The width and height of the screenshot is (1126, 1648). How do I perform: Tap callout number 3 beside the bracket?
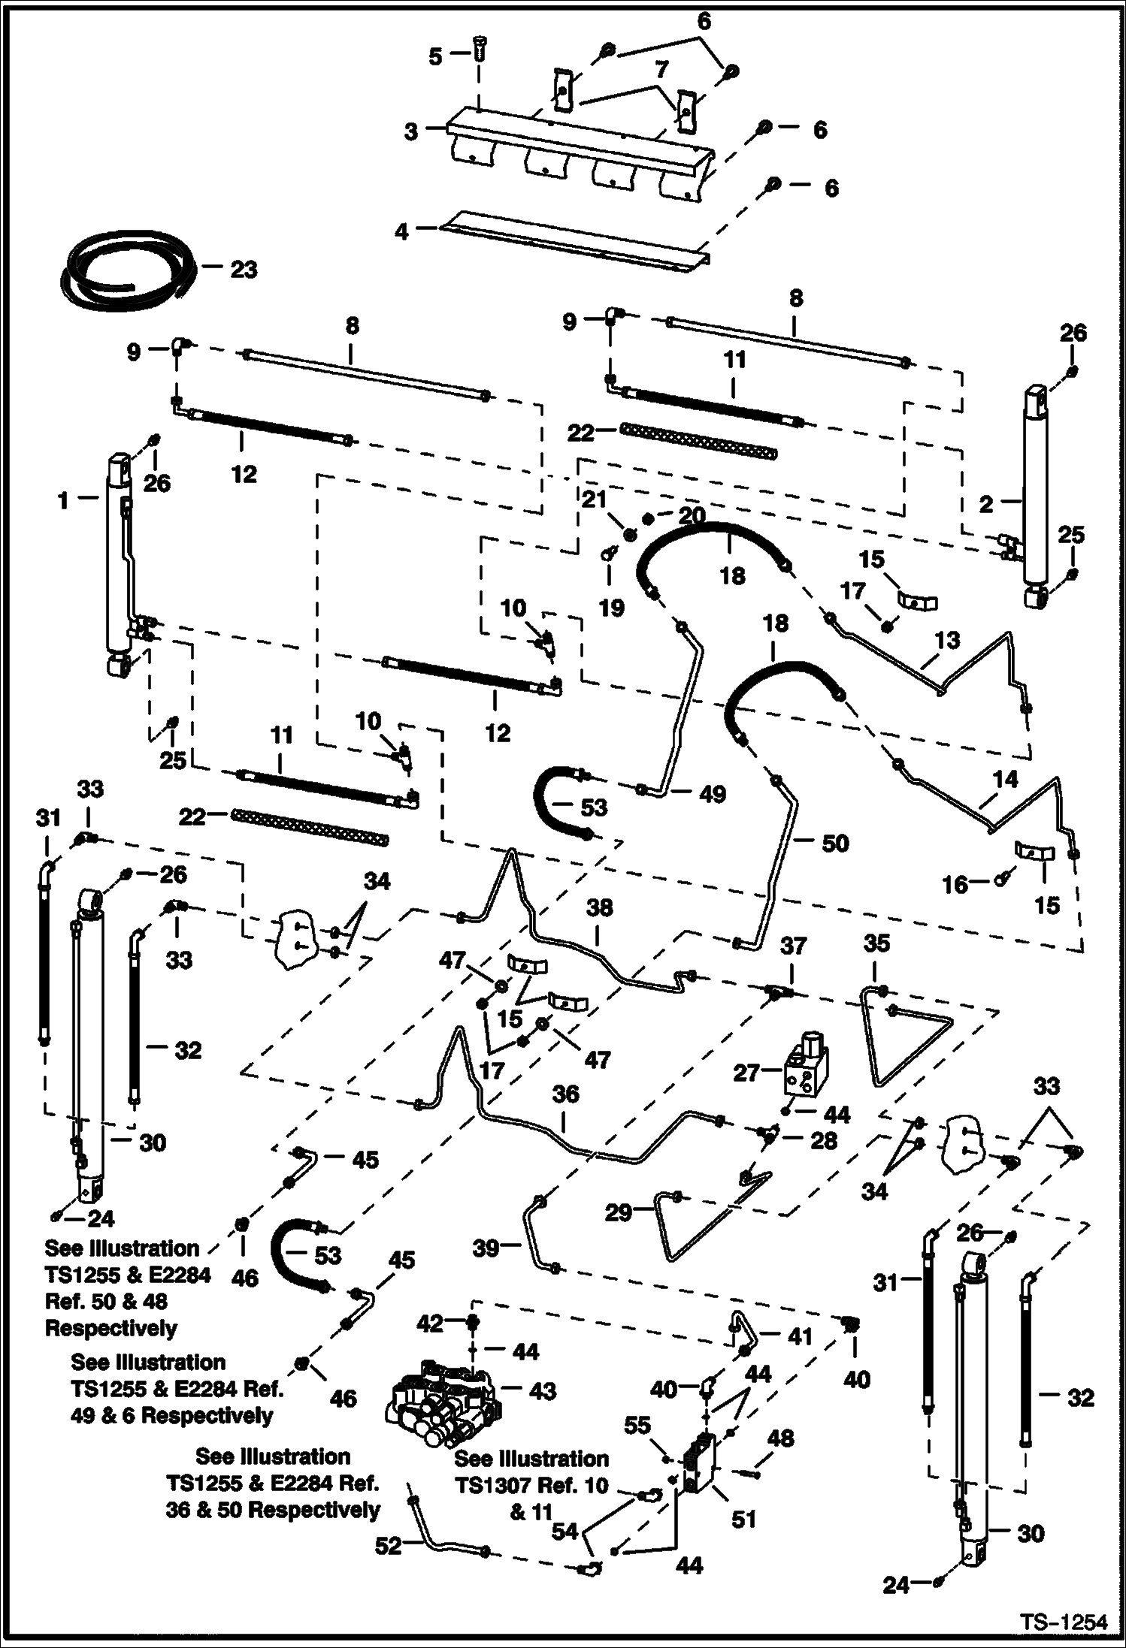pos(410,132)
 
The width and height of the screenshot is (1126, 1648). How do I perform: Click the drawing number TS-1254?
pos(1064,1622)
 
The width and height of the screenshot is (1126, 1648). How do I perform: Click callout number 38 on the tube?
pos(599,908)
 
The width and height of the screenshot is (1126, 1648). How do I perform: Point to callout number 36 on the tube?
pos(565,1094)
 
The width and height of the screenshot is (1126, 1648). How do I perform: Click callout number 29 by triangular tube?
pos(619,1212)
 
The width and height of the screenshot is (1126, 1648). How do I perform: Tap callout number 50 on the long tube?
pos(834,843)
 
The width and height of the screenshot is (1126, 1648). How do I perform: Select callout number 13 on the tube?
pos(947,640)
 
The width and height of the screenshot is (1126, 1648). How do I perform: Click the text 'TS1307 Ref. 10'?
pos(531,1485)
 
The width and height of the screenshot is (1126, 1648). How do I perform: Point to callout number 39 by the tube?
pos(486,1248)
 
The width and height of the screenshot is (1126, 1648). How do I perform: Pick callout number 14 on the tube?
pos(1006,779)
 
